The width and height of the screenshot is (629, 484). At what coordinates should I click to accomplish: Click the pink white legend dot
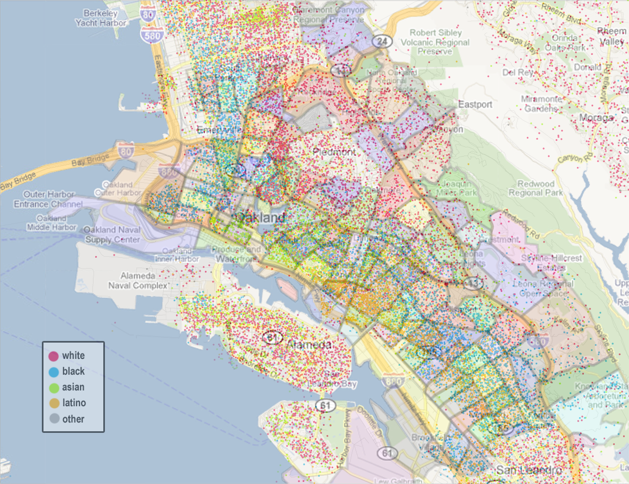pos(53,356)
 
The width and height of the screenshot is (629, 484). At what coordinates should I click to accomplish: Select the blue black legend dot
pos(53,372)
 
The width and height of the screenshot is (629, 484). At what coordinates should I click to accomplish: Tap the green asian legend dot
pos(53,388)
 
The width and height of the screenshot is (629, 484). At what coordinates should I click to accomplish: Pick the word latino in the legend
pos(74,403)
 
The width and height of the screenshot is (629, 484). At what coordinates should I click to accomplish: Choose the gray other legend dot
pos(53,419)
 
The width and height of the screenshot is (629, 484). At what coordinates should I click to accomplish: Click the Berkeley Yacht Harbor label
pos(101,18)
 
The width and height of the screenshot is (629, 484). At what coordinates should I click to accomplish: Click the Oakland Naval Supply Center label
pos(113,235)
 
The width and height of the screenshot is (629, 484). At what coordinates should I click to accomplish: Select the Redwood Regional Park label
pos(536,188)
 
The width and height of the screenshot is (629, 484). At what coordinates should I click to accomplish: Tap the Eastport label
pos(475,104)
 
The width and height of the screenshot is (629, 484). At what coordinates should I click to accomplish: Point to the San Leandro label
pos(528,470)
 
